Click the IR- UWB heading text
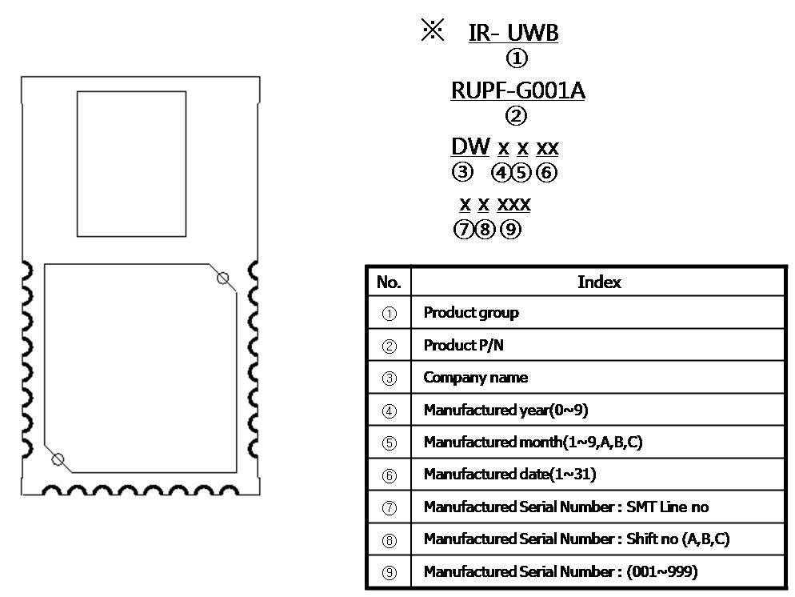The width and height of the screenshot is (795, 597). [513, 33]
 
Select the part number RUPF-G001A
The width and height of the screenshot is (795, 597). [517, 90]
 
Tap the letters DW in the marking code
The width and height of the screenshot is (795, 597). [470, 146]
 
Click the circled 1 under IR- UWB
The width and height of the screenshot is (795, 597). [517, 58]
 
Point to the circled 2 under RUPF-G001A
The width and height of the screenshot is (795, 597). [517, 116]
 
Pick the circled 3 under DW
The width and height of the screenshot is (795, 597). [462, 172]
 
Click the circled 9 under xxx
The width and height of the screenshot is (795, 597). [510, 230]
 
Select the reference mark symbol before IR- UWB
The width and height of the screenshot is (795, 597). [432, 31]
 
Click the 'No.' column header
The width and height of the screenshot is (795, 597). [389, 282]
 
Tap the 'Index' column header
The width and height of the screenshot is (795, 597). [598, 282]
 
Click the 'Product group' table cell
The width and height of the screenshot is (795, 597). [471, 313]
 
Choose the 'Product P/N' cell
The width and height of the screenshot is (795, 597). [464, 345]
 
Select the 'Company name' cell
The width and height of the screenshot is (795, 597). [476, 378]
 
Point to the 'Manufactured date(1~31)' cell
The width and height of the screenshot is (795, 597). [509, 475]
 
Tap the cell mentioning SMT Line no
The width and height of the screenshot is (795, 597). [565, 507]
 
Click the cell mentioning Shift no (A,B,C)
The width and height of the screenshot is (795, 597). [576, 539]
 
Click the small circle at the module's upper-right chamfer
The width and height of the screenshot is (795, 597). [223, 278]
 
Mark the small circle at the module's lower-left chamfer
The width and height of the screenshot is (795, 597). [58, 459]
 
